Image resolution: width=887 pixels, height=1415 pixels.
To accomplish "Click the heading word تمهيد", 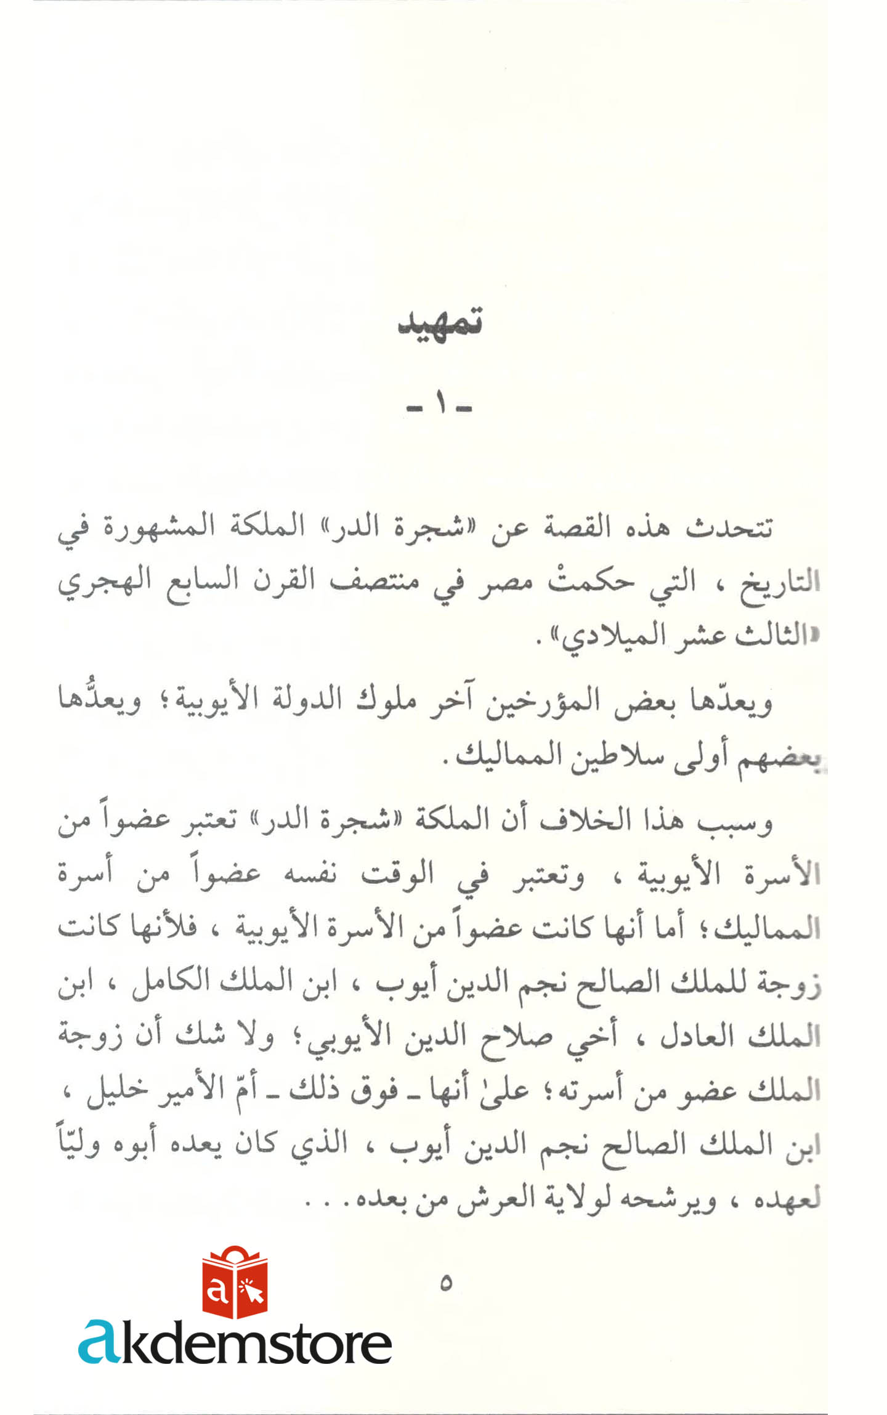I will click(440, 323).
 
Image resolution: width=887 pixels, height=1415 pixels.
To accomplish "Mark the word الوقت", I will click(397, 875).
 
